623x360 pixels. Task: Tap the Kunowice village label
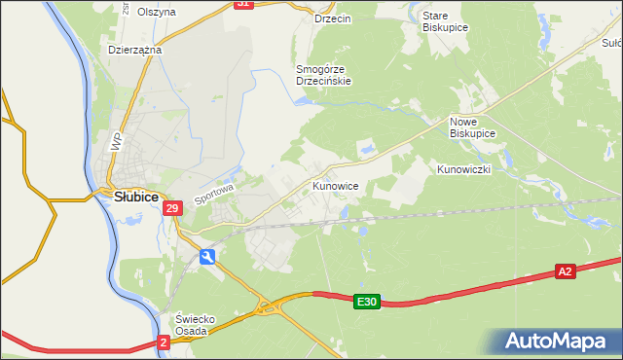(x=337, y=185)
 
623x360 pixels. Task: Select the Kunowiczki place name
(x=463, y=169)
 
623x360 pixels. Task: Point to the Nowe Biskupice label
(x=472, y=126)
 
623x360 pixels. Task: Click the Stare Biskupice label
(x=446, y=22)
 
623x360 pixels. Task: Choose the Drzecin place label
(x=332, y=18)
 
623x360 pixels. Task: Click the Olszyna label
(x=157, y=12)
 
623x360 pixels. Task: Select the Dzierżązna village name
(x=134, y=49)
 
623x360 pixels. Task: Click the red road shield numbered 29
(x=172, y=208)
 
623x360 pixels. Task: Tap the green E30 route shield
(x=365, y=303)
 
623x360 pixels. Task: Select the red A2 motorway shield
(x=566, y=271)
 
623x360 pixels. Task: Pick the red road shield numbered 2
(x=164, y=342)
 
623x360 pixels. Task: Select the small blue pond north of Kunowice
(x=369, y=149)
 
